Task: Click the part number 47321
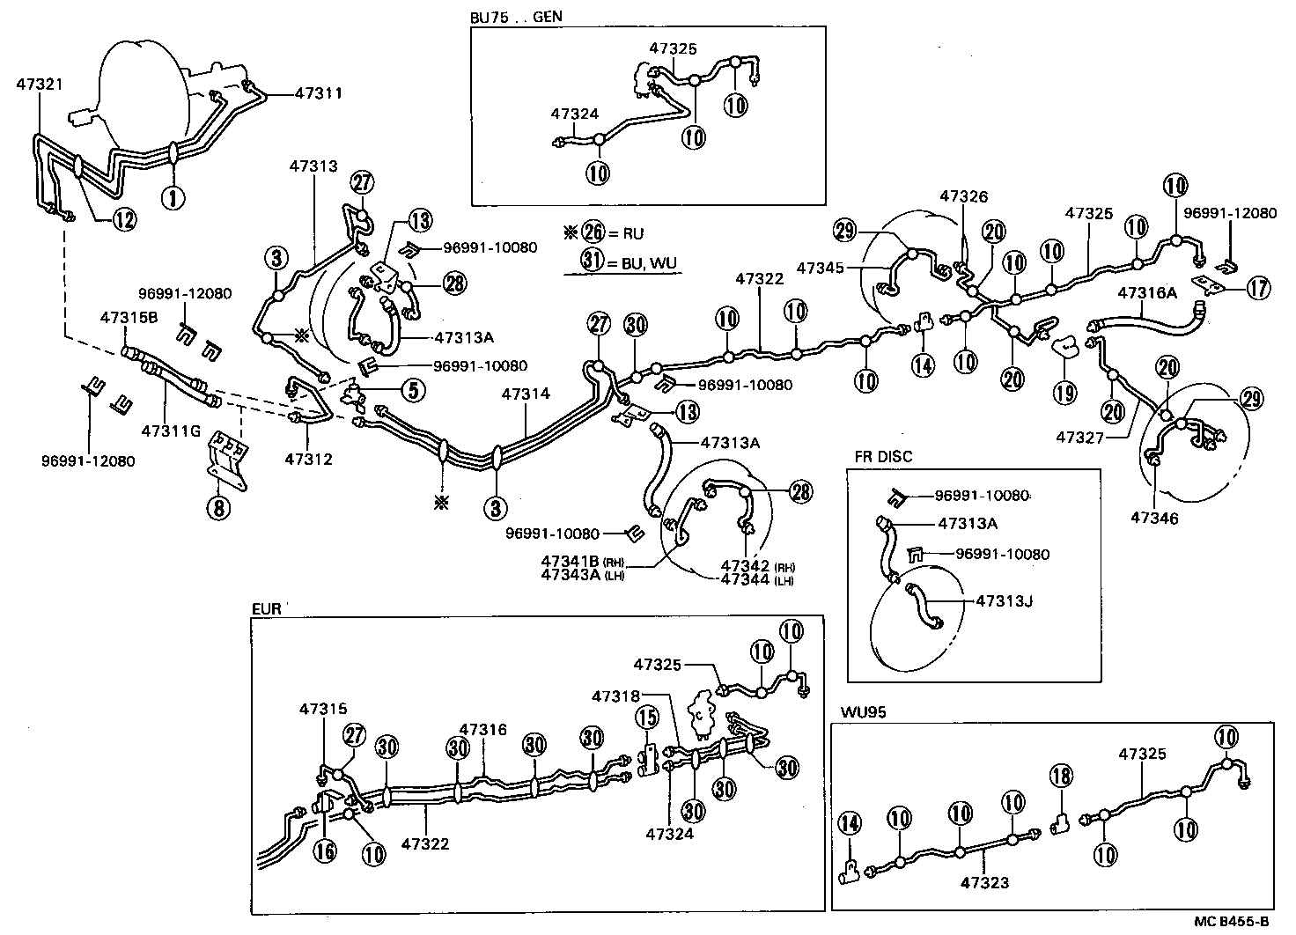pyautogui.click(x=38, y=84)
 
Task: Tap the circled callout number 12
pyautogui.click(x=124, y=219)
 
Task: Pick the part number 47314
pyautogui.click(x=526, y=394)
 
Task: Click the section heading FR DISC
pyautogui.click(x=883, y=457)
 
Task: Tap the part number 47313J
pyautogui.click(x=1004, y=601)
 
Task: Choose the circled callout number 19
pyautogui.click(x=1065, y=393)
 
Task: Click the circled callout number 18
pyautogui.click(x=1061, y=775)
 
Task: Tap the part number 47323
pyautogui.click(x=987, y=882)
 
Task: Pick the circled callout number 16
pyautogui.click(x=326, y=851)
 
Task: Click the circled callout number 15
pyautogui.click(x=647, y=718)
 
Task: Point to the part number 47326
pyautogui.click(x=964, y=196)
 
